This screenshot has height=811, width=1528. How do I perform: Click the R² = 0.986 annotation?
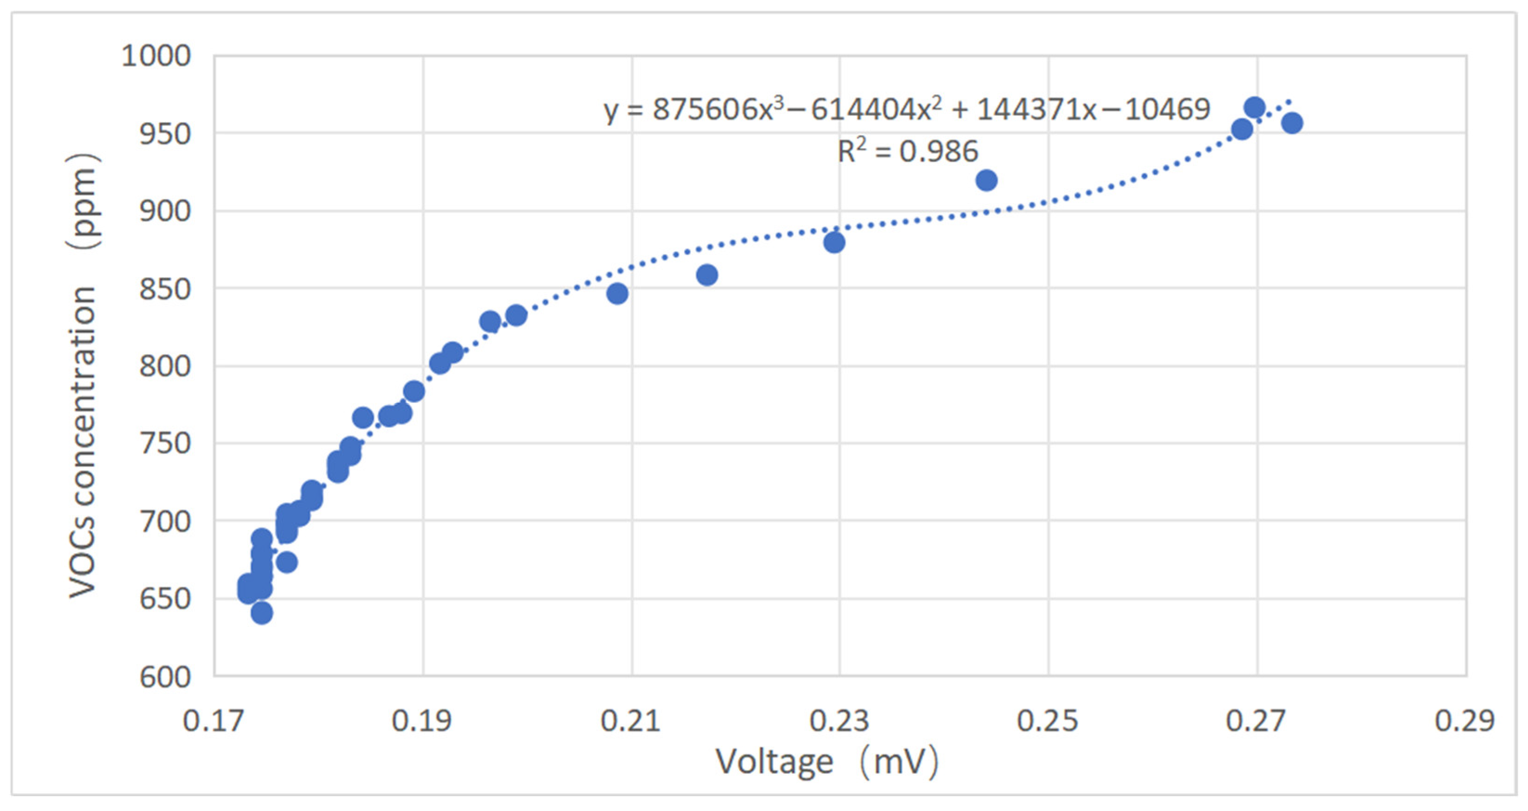click(x=907, y=151)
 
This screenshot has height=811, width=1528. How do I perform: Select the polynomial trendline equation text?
click(x=907, y=110)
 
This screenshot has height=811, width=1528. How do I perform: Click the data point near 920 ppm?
click(x=986, y=181)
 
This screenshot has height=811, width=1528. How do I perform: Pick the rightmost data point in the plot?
click(x=1292, y=124)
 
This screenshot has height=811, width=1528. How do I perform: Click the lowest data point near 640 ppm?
click(x=262, y=613)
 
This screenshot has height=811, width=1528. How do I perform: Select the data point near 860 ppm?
click(x=707, y=275)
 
